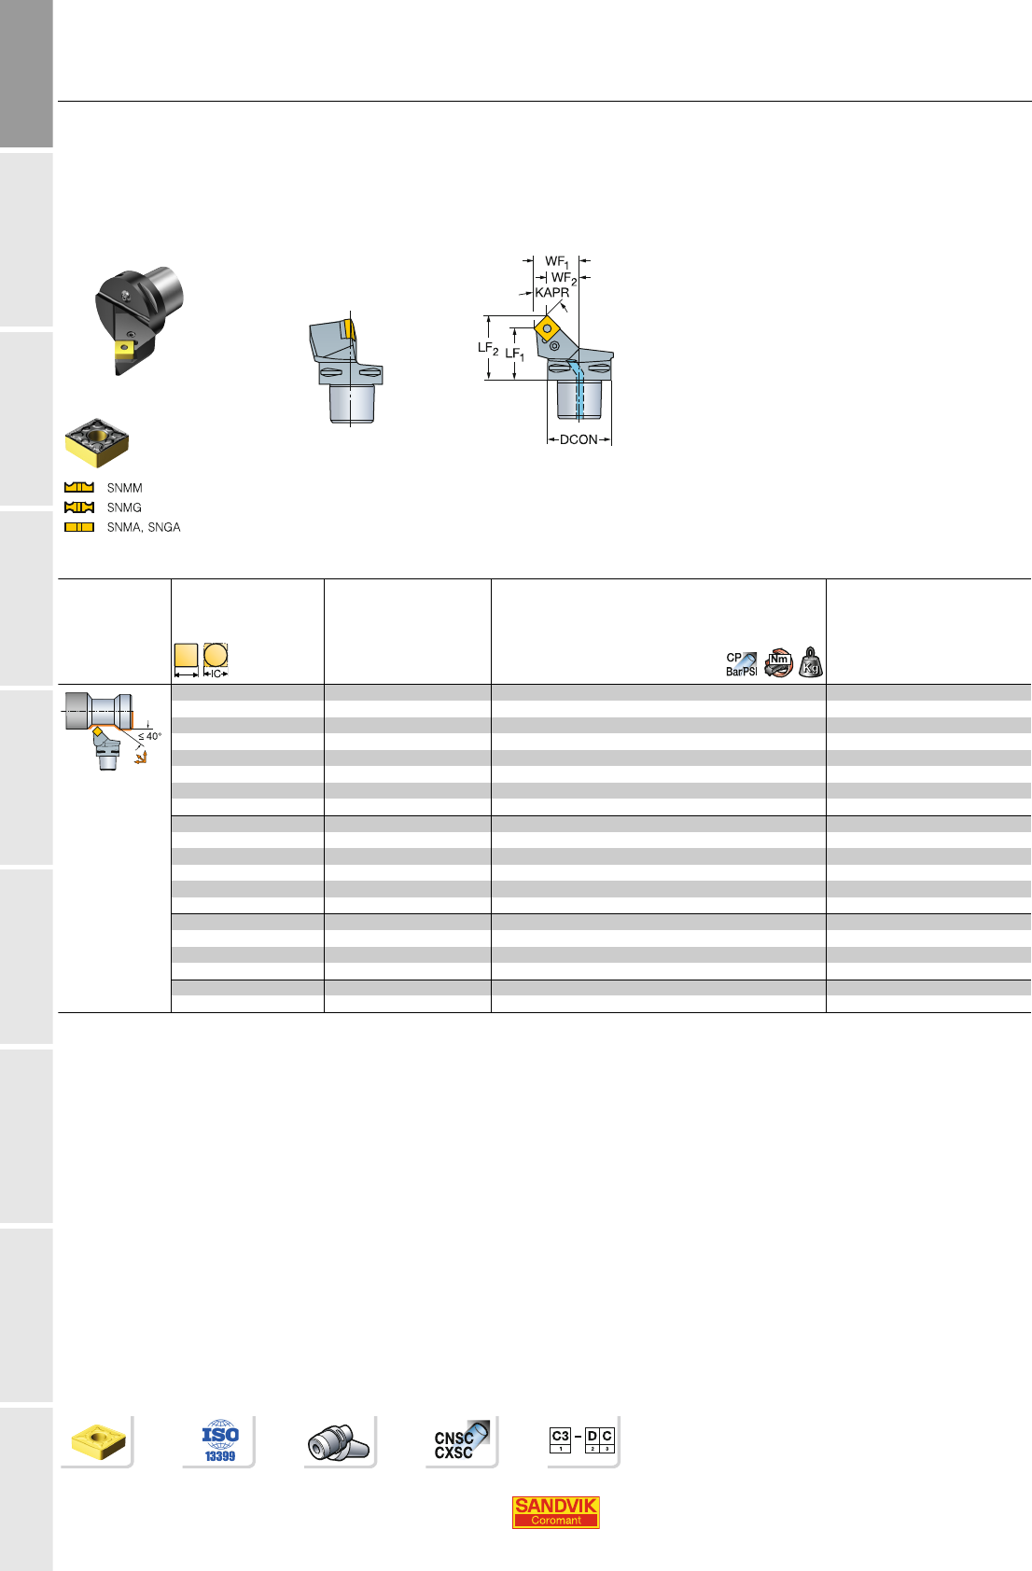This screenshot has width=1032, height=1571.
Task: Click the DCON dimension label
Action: coord(579,439)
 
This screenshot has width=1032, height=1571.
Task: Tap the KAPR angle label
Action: coord(551,292)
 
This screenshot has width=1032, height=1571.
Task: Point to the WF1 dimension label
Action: coord(557,261)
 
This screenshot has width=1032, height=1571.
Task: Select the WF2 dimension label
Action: coord(564,278)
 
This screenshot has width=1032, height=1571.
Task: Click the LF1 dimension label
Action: coord(514,355)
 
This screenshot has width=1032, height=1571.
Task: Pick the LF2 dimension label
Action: coord(488,348)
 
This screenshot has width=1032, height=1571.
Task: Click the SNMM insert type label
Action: coord(124,488)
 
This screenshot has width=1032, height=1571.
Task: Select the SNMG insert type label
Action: coord(124,507)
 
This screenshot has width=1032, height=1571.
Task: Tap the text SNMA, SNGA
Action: coord(143,527)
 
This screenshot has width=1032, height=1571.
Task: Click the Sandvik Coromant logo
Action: coord(555,1512)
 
